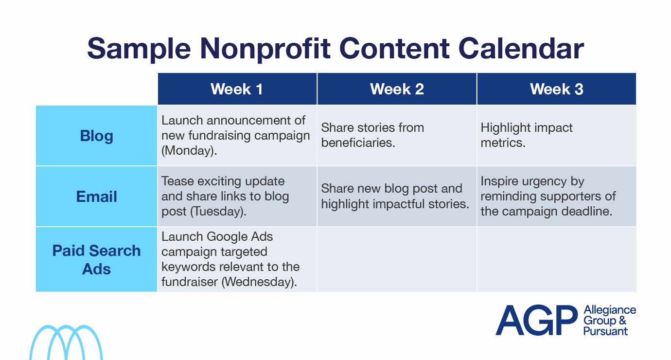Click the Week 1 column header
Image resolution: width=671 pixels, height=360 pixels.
point(237,89)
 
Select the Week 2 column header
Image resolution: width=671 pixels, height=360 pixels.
point(397,89)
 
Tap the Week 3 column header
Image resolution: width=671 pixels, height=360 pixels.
point(557,89)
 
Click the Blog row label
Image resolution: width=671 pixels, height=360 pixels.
point(96,136)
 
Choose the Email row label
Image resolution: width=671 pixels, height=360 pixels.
point(96,197)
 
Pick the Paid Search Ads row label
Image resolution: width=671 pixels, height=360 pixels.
point(96,260)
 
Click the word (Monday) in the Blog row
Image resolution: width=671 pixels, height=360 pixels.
point(189,150)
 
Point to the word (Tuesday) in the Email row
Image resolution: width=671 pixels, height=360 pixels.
point(218,211)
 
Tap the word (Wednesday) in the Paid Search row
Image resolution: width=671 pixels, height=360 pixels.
point(259,282)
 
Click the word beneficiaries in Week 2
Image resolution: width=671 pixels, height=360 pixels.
point(358,143)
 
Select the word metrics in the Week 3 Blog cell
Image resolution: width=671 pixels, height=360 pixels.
point(503,143)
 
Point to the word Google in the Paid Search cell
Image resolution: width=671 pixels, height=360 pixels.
point(227,237)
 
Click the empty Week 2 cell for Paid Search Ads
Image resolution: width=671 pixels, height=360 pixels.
point(397,259)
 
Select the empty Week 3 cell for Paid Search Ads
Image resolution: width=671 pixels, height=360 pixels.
point(557,259)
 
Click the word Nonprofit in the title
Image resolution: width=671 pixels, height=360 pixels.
point(265,49)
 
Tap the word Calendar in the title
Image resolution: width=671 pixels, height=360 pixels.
point(521,48)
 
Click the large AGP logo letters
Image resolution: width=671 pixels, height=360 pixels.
point(536,320)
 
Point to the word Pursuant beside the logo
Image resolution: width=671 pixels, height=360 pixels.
point(605,331)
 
